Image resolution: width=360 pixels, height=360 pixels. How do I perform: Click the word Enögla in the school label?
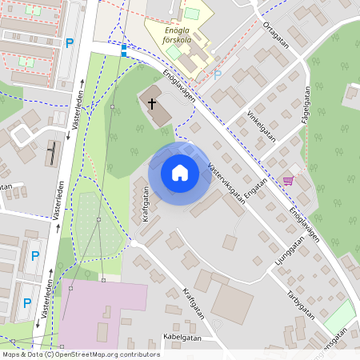click(163, 29)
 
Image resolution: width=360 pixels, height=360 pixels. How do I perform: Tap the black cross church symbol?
click(151, 102)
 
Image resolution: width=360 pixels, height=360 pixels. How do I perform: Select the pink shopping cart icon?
click(288, 180)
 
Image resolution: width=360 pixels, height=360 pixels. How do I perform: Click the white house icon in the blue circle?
click(180, 173)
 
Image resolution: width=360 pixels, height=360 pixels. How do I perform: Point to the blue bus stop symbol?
click(123, 50)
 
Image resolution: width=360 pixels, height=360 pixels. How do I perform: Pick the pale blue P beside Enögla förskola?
click(217, 75)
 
